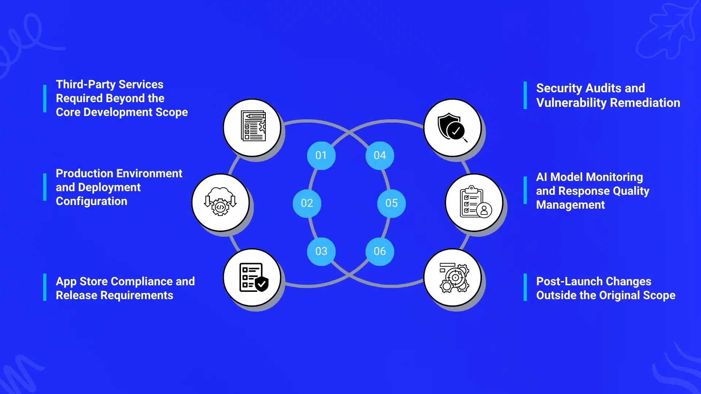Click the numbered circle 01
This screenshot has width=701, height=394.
click(x=321, y=155)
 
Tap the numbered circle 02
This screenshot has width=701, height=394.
click(x=307, y=203)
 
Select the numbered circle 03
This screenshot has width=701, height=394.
click(x=321, y=251)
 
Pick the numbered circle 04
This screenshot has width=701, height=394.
click(x=380, y=155)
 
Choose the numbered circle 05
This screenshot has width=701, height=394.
click(x=391, y=203)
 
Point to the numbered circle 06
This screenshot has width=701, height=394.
click(x=380, y=251)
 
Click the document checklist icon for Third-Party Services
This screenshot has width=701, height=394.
click(x=253, y=126)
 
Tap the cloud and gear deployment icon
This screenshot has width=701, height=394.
click(x=221, y=201)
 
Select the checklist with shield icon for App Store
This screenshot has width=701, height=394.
click(x=254, y=277)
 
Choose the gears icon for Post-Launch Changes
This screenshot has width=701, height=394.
click(x=455, y=278)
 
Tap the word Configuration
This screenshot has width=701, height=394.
click(x=92, y=201)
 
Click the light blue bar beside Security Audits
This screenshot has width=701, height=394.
click(x=525, y=95)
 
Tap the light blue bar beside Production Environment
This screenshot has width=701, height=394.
click(x=45, y=187)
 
